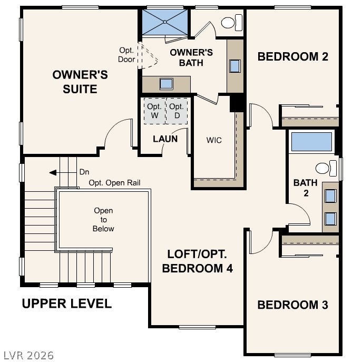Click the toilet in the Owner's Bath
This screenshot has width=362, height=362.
(x=232, y=23)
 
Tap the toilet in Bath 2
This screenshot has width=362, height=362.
(x=326, y=168)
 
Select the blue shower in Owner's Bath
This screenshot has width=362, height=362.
(x=165, y=22)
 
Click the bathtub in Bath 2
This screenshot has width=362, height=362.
(x=311, y=142)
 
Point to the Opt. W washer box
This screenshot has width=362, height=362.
(x=155, y=111)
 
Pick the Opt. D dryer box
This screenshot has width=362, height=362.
(x=177, y=111)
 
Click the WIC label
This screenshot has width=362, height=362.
(x=214, y=140)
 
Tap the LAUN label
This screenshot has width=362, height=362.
(x=165, y=139)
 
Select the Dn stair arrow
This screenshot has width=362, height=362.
(x=63, y=172)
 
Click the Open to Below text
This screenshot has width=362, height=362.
(x=103, y=220)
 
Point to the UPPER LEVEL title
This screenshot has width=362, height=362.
(x=67, y=304)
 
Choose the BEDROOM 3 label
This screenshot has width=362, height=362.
(x=293, y=305)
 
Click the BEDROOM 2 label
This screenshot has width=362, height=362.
(x=293, y=56)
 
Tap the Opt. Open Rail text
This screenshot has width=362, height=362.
(x=114, y=183)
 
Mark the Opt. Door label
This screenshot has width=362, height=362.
(x=126, y=55)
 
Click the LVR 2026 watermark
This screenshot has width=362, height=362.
(x=28, y=355)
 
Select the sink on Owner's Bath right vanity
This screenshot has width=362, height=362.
(x=235, y=66)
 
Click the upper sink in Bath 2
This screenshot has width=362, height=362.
(x=330, y=196)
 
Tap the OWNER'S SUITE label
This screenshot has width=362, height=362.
(x=80, y=82)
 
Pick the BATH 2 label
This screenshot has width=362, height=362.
(x=306, y=188)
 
